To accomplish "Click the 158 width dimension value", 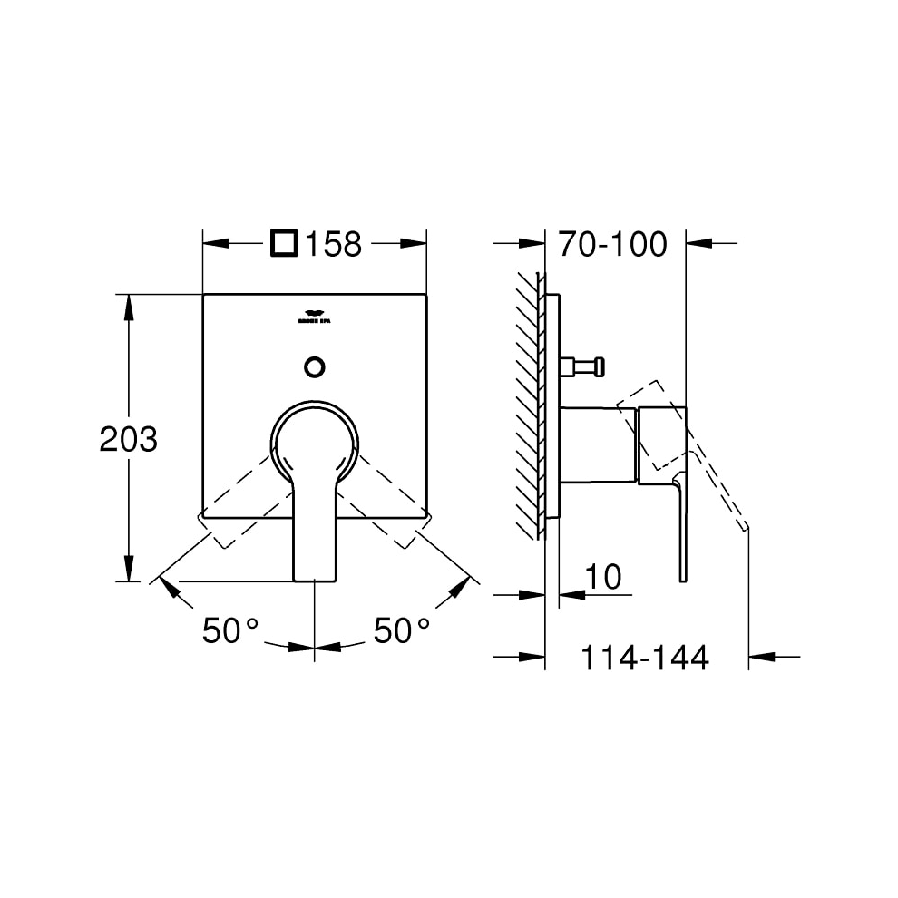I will (x=333, y=244).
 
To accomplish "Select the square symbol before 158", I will (x=285, y=243).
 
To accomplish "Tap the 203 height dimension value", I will (x=128, y=440).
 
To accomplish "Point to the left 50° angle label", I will (x=230, y=631).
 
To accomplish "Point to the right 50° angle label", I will (x=402, y=631).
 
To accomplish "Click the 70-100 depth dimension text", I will (x=612, y=244).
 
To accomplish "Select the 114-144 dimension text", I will (x=644, y=658).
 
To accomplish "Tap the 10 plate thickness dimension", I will (x=602, y=578).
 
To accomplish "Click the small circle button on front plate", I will (x=314, y=366).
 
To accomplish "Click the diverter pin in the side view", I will (x=580, y=366).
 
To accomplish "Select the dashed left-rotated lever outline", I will (x=236, y=508).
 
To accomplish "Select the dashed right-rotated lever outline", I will (x=392, y=508).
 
